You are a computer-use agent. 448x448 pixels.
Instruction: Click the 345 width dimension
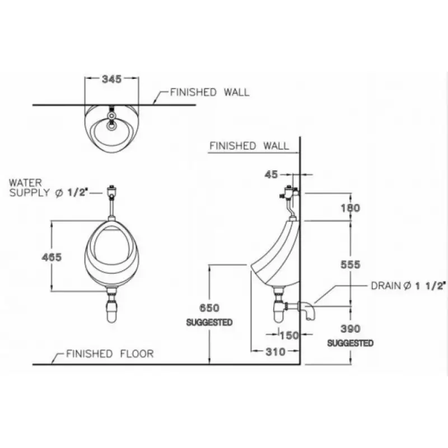tap(112, 80)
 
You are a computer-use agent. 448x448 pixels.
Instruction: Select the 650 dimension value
tap(209, 308)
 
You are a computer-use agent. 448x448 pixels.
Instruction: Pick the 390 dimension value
tap(351, 329)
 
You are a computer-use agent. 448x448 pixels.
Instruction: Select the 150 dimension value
tap(288, 335)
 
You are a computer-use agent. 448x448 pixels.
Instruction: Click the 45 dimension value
tap(271, 175)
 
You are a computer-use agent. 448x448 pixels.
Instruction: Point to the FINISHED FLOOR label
tap(110, 354)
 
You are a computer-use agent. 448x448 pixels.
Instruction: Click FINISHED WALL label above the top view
tap(210, 92)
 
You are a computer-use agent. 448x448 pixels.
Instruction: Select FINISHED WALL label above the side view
tap(249, 146)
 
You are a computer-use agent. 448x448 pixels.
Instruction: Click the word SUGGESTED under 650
tap(209, 323)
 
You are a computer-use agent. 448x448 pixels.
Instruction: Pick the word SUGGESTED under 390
tap(351, 343)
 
